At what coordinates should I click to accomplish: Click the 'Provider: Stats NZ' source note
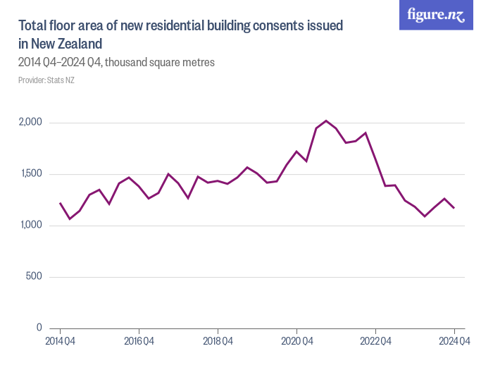coord(46,80)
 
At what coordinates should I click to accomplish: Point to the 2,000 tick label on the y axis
coord(30,123)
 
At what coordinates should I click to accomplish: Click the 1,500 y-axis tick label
coord(31,174)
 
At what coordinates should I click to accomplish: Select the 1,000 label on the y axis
coord(31,226)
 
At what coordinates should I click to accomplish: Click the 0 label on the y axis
coord(39,328)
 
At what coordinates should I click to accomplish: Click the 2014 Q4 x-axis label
coord(60,342)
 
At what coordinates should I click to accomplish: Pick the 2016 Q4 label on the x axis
coord(139,342)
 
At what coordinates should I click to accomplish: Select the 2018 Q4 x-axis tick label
coord(218,342)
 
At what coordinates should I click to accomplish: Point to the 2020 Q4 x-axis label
coord(297,342)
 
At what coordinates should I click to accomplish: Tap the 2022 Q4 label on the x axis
coord(375,342)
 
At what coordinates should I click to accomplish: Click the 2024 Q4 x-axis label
coord(454,342)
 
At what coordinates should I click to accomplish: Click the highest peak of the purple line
coord(326,121)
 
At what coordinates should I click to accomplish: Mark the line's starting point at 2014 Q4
coord(60,203)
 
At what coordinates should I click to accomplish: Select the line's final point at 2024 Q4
coord(454,208)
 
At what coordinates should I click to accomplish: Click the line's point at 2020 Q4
coord(297,152)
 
